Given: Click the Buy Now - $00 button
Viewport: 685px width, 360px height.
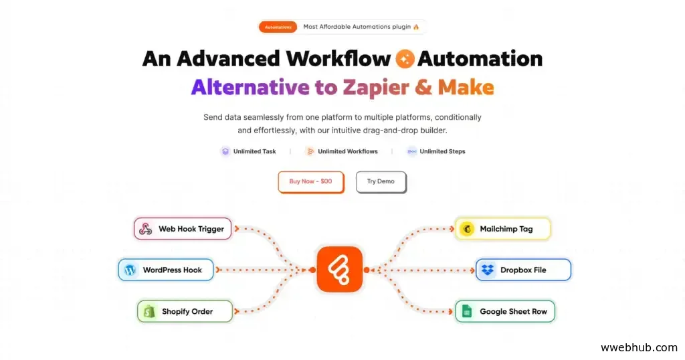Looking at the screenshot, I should click(x=310, y=181).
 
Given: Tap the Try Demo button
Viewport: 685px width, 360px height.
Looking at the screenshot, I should click(x=381, y=181).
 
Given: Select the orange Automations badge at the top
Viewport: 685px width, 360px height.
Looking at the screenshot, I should click(x=278, y=27).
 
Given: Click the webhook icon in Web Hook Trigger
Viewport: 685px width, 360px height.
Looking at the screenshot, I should click(x=146, y=229).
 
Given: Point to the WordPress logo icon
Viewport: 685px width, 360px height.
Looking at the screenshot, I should click(x=130, y=270).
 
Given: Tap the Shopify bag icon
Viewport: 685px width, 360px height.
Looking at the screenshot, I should click(x=149, y=311).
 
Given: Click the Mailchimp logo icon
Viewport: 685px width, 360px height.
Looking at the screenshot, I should click(x=467, y=229).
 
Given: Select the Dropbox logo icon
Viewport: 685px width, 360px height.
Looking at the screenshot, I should click(x=487, y=270).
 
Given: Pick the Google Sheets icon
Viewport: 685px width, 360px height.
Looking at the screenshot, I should click(x=467, y=311).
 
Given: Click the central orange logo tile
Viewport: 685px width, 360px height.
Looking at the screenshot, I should click(x=340, y=269).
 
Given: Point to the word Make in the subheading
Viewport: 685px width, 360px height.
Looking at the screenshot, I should click(x=466, y=87).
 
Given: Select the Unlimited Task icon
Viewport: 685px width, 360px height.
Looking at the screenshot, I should click(x=225, y=151).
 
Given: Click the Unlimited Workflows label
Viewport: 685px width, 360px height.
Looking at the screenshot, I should click(x=347, y=151).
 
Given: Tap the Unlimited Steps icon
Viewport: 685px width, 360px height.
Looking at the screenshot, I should click(x=411, y=151).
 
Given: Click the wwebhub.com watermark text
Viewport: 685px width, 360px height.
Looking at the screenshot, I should click(x=639, y=347).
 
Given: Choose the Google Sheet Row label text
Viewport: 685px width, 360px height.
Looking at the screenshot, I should click(x=513, y=311).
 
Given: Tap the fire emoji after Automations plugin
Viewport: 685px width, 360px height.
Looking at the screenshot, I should click(x=416, y=27).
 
